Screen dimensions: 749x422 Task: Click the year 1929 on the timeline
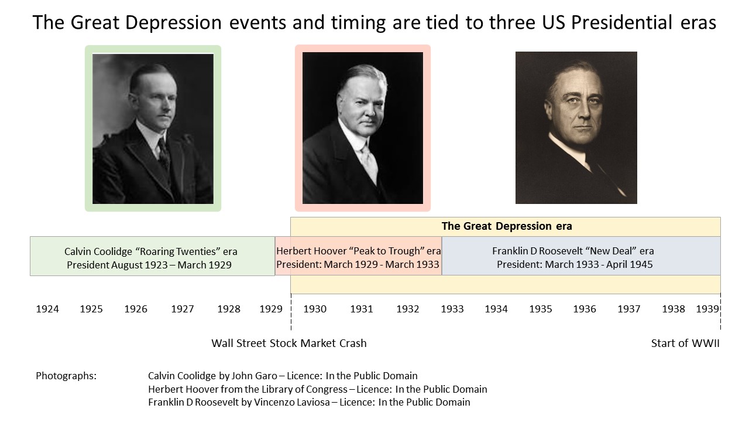271,309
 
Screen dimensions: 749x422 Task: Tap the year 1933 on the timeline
452,309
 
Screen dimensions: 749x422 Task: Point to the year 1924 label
47,309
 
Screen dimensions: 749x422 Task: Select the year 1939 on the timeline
707,309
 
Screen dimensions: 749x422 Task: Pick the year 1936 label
585,309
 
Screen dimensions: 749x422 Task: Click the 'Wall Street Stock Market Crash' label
289,343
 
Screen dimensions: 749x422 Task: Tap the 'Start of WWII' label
685,343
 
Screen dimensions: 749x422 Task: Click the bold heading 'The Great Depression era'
507,226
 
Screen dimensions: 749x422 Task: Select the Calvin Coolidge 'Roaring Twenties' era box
153,256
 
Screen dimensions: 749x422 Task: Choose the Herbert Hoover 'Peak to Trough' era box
359,256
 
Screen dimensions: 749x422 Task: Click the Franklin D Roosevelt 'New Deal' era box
581,256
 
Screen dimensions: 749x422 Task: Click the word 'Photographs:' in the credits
66,376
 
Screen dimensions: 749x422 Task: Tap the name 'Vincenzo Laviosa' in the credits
292,402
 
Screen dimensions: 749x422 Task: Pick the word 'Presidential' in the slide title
621,22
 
